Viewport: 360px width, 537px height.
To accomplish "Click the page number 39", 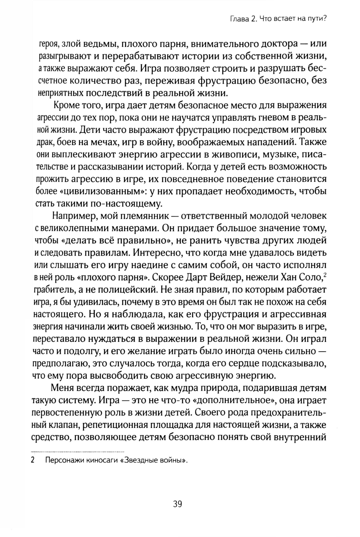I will click(177, 504).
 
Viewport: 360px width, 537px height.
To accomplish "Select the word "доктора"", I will click(274, 44).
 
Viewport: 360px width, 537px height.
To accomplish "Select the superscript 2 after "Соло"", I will click(325, 275).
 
